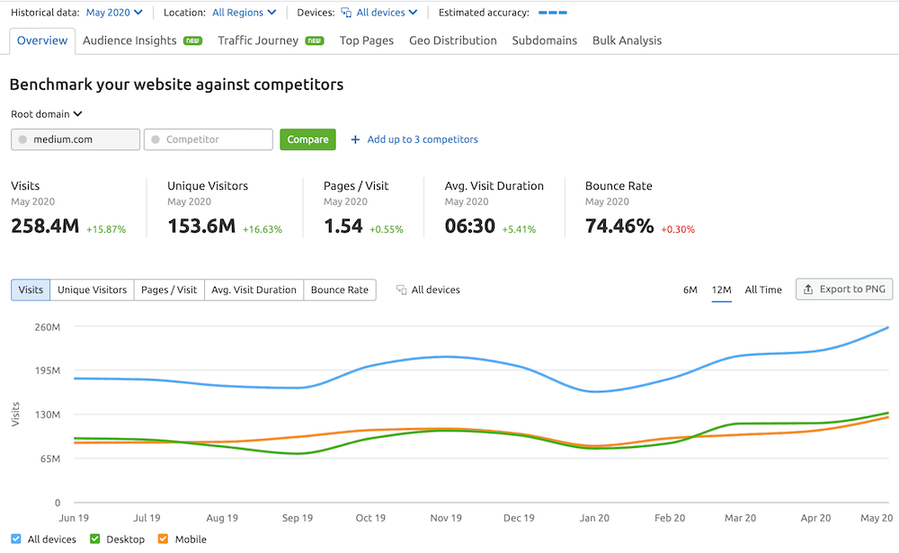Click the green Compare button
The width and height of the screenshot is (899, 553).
[x=307, y=139]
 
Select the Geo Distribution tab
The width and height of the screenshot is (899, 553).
[x=452, y=40]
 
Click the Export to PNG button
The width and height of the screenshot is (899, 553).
[x=843, y=290]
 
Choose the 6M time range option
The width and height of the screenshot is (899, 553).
[x=690, y=290]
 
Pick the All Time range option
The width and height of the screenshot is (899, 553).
[x=763, y=290]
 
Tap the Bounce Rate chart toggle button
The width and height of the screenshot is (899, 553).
[x=340, y=290]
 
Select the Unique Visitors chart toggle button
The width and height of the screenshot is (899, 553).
[x=93, y=290]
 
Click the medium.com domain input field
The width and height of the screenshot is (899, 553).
[x=76, y=139]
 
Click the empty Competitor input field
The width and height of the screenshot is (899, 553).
[x=208, y=139]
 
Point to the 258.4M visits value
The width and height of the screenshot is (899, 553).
[x=44, y=226]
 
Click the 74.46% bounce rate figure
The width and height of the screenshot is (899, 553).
[x=619, y=226]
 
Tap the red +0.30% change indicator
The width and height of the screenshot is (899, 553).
[x=678, y=229]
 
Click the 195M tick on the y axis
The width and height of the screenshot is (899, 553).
[x=47, y=370]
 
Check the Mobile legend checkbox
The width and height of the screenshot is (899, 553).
[x=163, y=540]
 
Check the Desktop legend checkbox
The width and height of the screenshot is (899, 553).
[x=95, y=540]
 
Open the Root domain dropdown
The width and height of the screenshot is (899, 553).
[x=47, y=114]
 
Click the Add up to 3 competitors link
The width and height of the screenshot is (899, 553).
[x=414, y=139]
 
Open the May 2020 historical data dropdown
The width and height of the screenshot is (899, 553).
[x=114, y=13]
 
